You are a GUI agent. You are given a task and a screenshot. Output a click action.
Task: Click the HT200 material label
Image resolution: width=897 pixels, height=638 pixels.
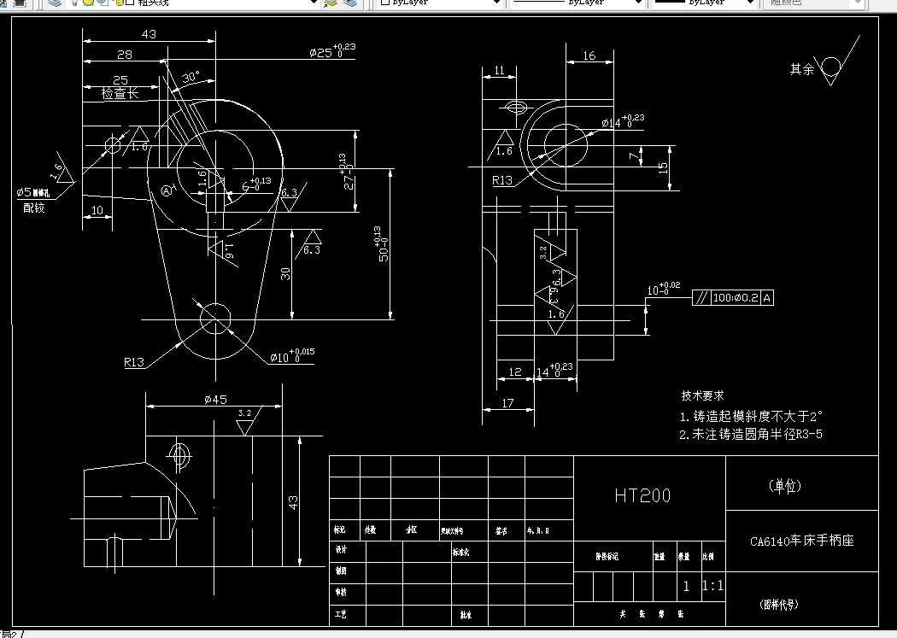[x=642, y=495]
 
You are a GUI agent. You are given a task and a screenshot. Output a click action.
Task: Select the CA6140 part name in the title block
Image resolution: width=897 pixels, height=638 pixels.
[x=801, y=541]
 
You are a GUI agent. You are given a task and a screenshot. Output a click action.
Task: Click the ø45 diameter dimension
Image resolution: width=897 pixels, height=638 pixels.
[x=214, y=399]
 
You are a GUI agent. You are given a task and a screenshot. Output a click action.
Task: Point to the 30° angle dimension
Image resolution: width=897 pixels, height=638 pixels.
[x=190, y=77]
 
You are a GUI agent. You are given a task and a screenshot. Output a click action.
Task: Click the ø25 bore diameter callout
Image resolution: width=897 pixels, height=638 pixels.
[x=331, y=51]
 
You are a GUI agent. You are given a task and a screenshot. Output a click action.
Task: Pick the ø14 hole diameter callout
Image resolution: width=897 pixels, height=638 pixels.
[x=622, y=122]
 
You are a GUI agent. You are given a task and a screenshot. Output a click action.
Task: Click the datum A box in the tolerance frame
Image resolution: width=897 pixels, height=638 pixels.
[x=766, y=298]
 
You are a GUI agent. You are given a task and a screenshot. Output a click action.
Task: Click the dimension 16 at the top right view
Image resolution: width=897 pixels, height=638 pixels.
[x=589, y=56]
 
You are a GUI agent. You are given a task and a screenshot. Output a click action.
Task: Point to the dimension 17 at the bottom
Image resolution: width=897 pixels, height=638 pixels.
[x=508, y=403]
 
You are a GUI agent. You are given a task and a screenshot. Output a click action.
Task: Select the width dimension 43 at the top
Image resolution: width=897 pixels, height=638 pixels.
[x=149, y=34]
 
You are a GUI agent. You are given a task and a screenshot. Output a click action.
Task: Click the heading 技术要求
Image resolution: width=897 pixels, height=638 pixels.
[x=702, y=395]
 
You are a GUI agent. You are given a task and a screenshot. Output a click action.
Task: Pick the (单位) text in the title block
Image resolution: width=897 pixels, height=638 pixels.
[x=785, y=486]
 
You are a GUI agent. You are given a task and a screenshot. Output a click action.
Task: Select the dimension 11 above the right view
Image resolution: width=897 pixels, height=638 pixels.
[x=499, y=70]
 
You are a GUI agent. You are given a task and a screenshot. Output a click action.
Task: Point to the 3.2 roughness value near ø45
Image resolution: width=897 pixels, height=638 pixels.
[x=244, y=413]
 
